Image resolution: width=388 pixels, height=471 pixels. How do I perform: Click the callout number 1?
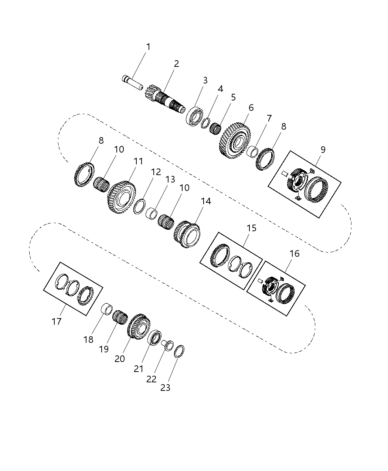(148, 47)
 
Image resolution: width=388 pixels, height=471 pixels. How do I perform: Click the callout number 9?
(323, 150)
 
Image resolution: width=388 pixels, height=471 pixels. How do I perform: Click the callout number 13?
(170, 180)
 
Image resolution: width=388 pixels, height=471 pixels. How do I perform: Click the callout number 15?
(251, 228)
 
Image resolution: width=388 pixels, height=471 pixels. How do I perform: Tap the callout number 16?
(295, 254)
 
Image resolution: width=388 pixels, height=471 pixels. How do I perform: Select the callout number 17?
(57, 321)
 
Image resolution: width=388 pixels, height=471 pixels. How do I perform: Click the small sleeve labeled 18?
(107, 308)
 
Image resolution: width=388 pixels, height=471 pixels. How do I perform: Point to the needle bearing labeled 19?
(120, 317)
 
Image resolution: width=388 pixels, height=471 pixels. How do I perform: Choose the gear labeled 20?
(139, 327)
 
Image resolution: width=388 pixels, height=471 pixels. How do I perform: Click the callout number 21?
(139, 369)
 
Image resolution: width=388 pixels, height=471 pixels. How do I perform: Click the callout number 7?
(269, 119)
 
